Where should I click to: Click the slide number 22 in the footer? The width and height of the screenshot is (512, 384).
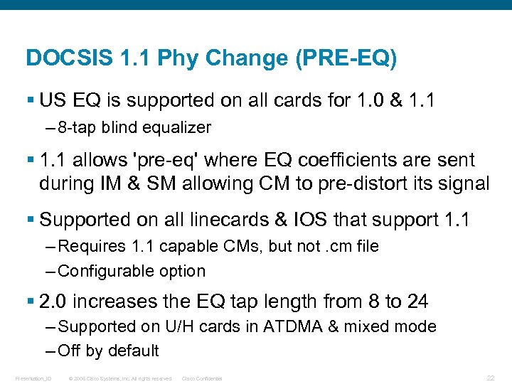pos(490,378)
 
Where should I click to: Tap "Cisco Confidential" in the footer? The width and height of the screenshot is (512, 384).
pos(203,378)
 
